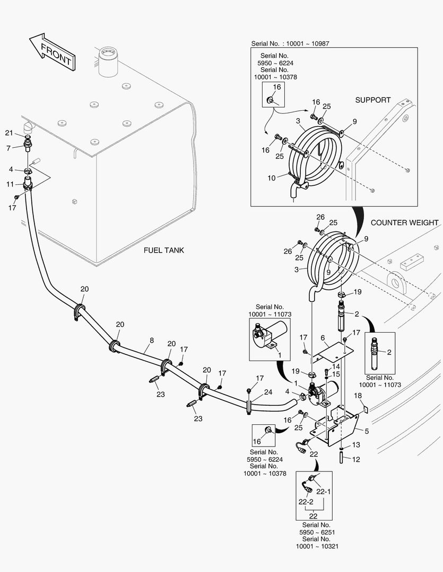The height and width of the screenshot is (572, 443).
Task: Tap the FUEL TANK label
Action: pos(163,250)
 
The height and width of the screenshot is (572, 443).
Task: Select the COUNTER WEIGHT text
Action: pos(404,222)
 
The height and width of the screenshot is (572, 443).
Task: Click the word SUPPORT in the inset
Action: pos(372,100)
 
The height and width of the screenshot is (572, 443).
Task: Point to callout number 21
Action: pos(8,132)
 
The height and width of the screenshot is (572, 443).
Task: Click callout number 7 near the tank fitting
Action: pos(8,148)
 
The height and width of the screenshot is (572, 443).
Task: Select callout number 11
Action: pos(10,184)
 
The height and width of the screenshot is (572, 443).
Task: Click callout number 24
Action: pos(268,392)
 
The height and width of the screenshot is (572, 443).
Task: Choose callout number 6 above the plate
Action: pos(322,338)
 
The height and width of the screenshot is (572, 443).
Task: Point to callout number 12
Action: pos(355,459)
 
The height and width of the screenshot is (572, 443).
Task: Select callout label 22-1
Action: pos(323,491)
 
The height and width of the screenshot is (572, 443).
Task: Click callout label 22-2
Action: pos(305,502)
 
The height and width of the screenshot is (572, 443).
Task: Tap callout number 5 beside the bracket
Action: pos(366,431)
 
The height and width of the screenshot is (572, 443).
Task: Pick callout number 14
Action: pos(335,366)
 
